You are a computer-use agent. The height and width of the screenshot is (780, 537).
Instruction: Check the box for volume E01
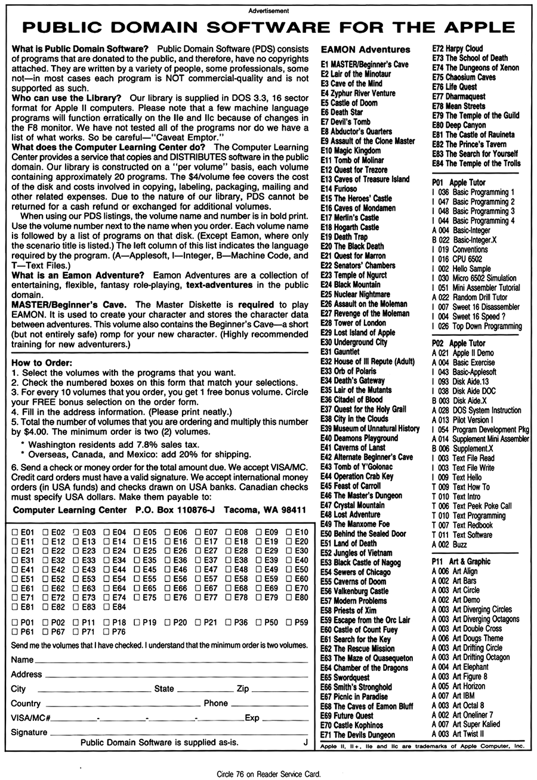(14, 532)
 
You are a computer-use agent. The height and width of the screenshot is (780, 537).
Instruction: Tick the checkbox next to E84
(107, 607)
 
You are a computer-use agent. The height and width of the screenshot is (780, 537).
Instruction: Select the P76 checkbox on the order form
(107, 632)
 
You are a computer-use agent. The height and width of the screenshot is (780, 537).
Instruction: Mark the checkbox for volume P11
(76, 622)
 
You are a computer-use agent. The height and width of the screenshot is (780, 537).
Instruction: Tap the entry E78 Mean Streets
(458, 106)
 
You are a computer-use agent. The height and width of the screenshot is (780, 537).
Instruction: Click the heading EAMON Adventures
(365, 49)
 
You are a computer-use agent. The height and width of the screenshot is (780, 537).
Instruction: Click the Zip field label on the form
(242, 689)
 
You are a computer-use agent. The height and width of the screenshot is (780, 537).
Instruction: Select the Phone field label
(216, 703)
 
